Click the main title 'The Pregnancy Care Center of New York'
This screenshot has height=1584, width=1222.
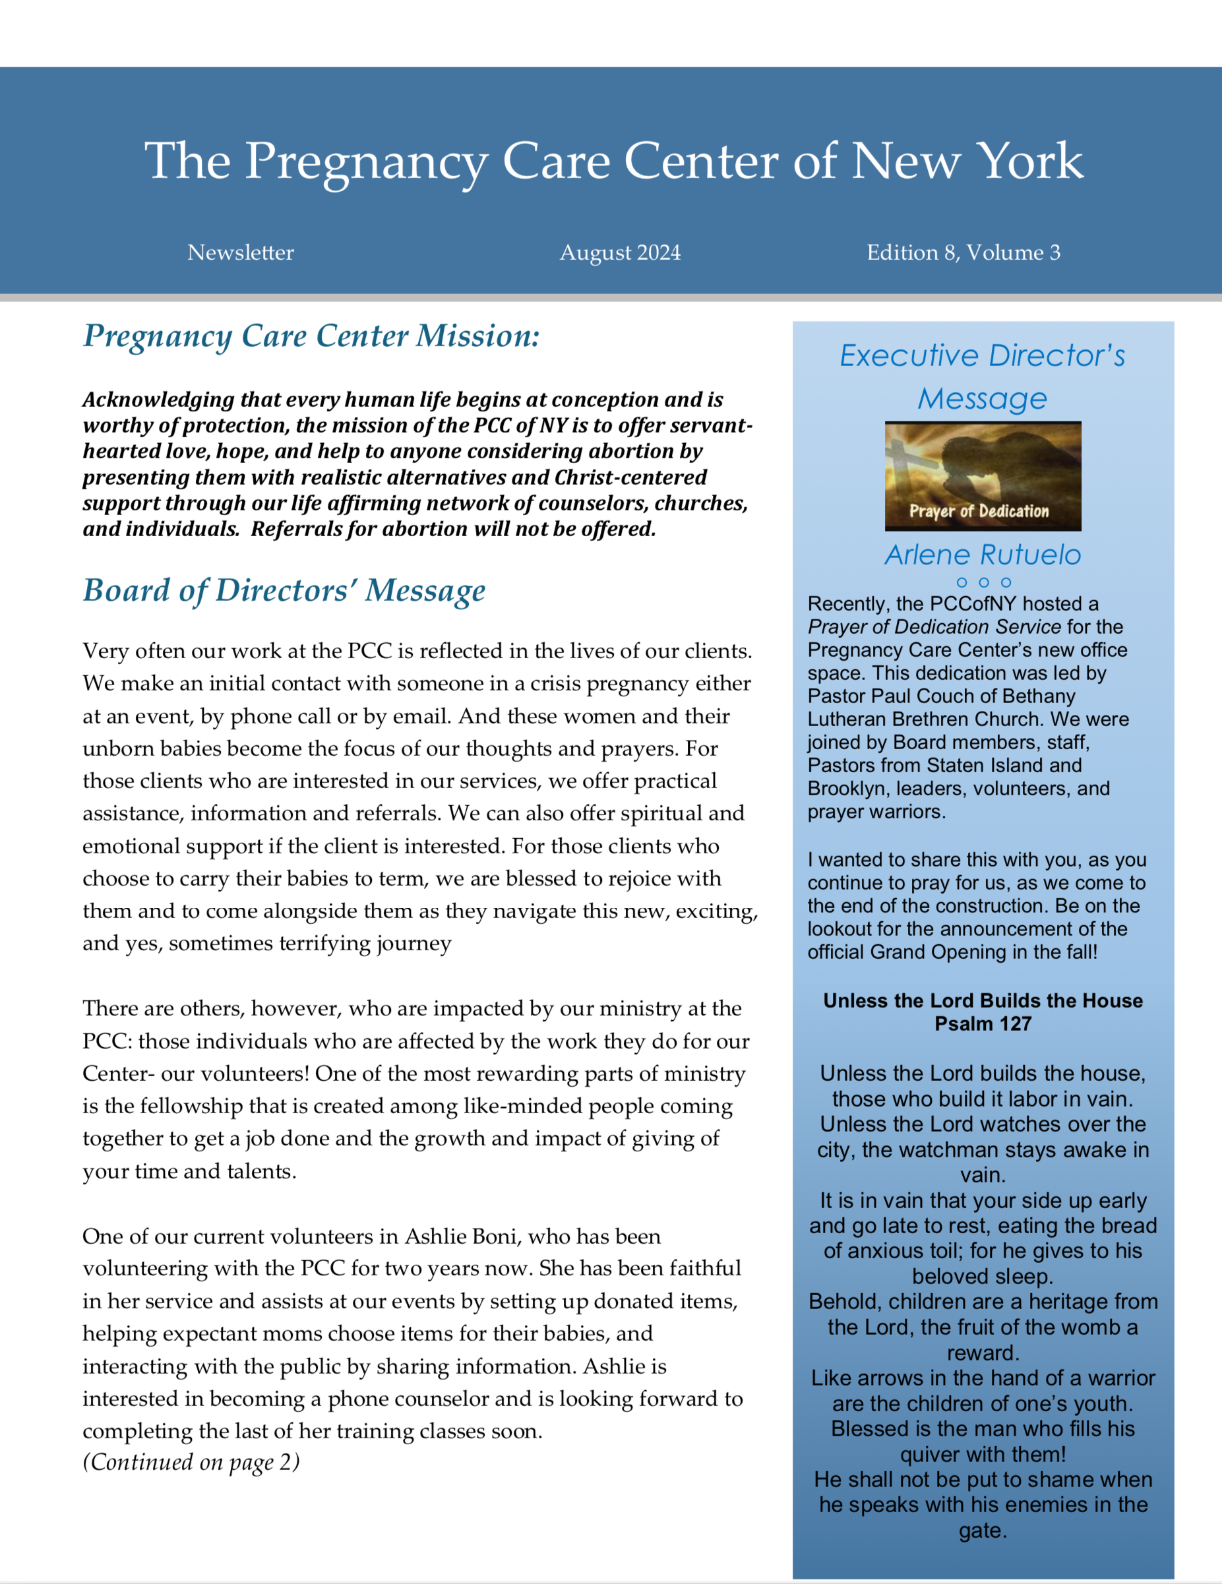pos(613,161)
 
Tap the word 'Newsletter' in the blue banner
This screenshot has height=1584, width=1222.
pos(240,253)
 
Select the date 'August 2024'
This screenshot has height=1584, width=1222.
pos(620,253)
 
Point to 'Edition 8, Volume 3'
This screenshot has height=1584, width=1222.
pos(963,253)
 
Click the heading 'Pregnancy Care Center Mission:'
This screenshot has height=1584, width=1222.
pos(311,336)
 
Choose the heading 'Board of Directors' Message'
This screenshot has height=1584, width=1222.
pos(284,590)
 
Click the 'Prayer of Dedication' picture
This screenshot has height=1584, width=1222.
pos(983,475)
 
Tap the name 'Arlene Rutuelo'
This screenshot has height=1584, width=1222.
pos(983,555)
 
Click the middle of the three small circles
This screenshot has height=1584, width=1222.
pos(983,582)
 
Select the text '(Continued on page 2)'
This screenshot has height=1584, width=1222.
pos(191,1462)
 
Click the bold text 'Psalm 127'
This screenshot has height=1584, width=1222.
pos(983,1024)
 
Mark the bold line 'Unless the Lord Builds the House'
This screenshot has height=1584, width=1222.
pos(983,1001)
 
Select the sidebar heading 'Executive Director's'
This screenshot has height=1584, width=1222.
pos(983,356)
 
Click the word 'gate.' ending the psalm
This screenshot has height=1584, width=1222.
pos(983,1531)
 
